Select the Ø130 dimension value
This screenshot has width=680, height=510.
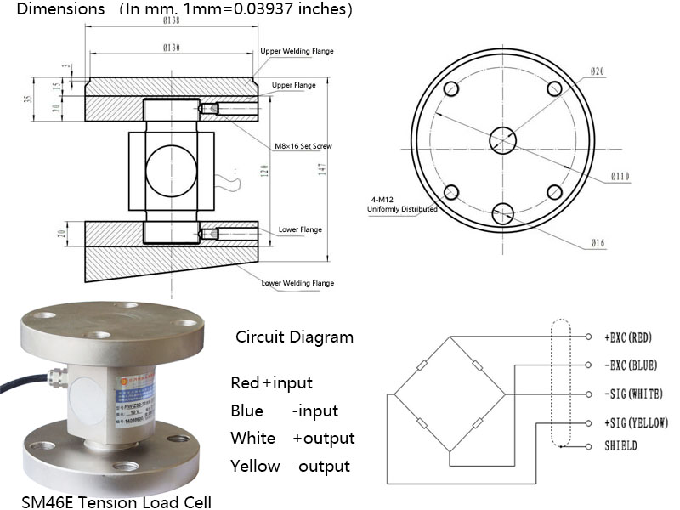pyautogui.click(x=171, y=48)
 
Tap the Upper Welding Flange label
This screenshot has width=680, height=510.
pyautogui.click(x=297, y=51)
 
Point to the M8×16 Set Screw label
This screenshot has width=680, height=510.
pyautogui.click(x=303, y=146)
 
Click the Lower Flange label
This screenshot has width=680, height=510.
pyautogui.click(x=298, y=230)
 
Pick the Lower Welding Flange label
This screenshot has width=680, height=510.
pyautogui.click(x=297, y=283)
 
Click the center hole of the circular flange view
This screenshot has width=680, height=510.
pyautogui.click(x=503, y=140)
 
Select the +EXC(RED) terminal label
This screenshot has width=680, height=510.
pyautogui.click(x=628, y=337)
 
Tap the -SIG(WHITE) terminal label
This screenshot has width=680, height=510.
pyautogui.click(x=633, y=394)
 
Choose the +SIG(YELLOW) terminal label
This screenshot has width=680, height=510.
pyautogui.click(x=637, y=422)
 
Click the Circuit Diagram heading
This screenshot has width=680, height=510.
pyautogui.click(x=294, y=337)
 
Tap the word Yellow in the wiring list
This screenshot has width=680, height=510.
pyautogui.click(x=255, y=466)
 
